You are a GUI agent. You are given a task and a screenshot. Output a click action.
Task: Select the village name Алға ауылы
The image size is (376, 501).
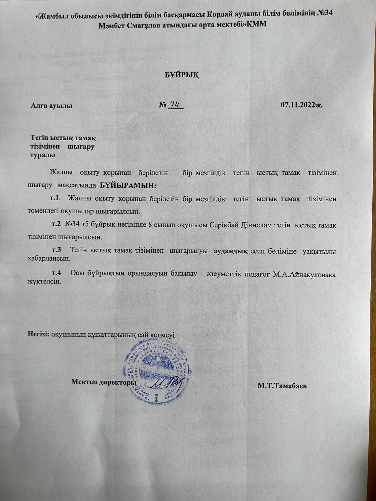51,106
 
